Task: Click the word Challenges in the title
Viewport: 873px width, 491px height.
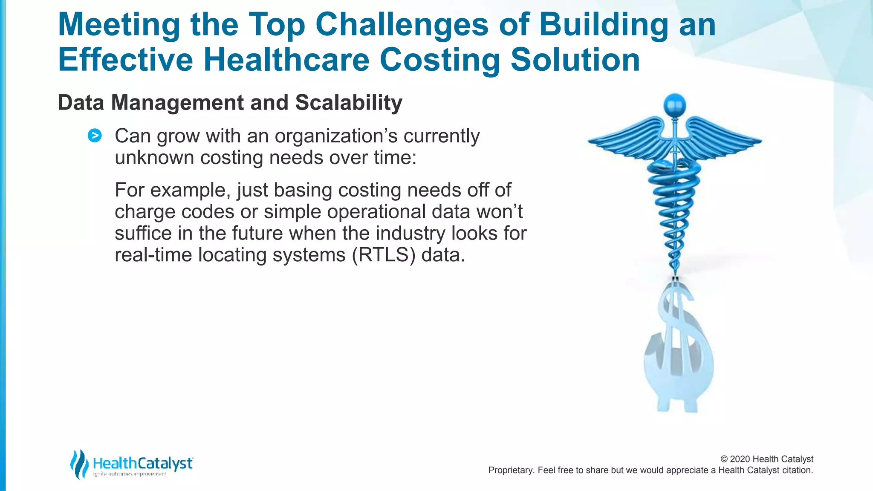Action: point(402,25)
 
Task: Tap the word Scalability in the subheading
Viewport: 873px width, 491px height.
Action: point(348,103)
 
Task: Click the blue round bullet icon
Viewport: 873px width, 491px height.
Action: point(95,136)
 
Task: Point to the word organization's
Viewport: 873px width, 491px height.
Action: point(335,136)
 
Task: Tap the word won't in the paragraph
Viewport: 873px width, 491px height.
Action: point(499,212)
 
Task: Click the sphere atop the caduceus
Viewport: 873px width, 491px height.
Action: point(675,105)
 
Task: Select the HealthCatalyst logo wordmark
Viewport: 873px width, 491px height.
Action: point(142,463)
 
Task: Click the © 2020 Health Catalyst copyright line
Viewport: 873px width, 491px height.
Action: point(766,459)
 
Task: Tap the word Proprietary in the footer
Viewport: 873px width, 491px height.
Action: point(510,470)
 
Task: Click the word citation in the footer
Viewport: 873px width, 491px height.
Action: point(797,470)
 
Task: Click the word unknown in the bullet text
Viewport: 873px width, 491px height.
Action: point(154,158)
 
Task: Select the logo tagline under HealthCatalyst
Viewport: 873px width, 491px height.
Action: point(130,474)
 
